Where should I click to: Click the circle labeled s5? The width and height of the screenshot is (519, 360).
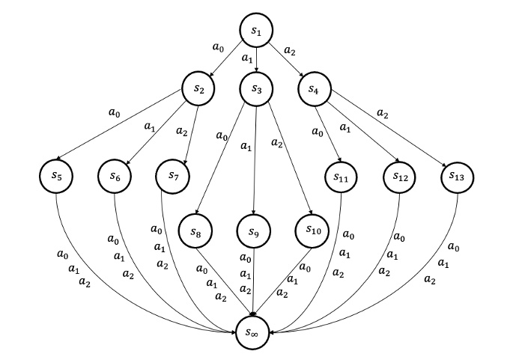pos(56,177)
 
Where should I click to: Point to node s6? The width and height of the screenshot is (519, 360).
pos(115,177)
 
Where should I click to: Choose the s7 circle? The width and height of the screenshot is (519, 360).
pos(172,177)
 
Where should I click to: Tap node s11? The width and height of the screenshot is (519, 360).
pos(342,177)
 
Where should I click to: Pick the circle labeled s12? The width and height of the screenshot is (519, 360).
pos(400,177)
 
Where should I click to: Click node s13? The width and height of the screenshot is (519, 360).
pos(458,177)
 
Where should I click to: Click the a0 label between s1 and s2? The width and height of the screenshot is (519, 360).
pos(218,47)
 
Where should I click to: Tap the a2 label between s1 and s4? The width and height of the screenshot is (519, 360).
pos(292,51)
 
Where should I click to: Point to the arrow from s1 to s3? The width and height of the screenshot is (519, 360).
pos(256,60)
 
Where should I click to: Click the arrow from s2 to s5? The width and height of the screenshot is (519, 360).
pos(127,132)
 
